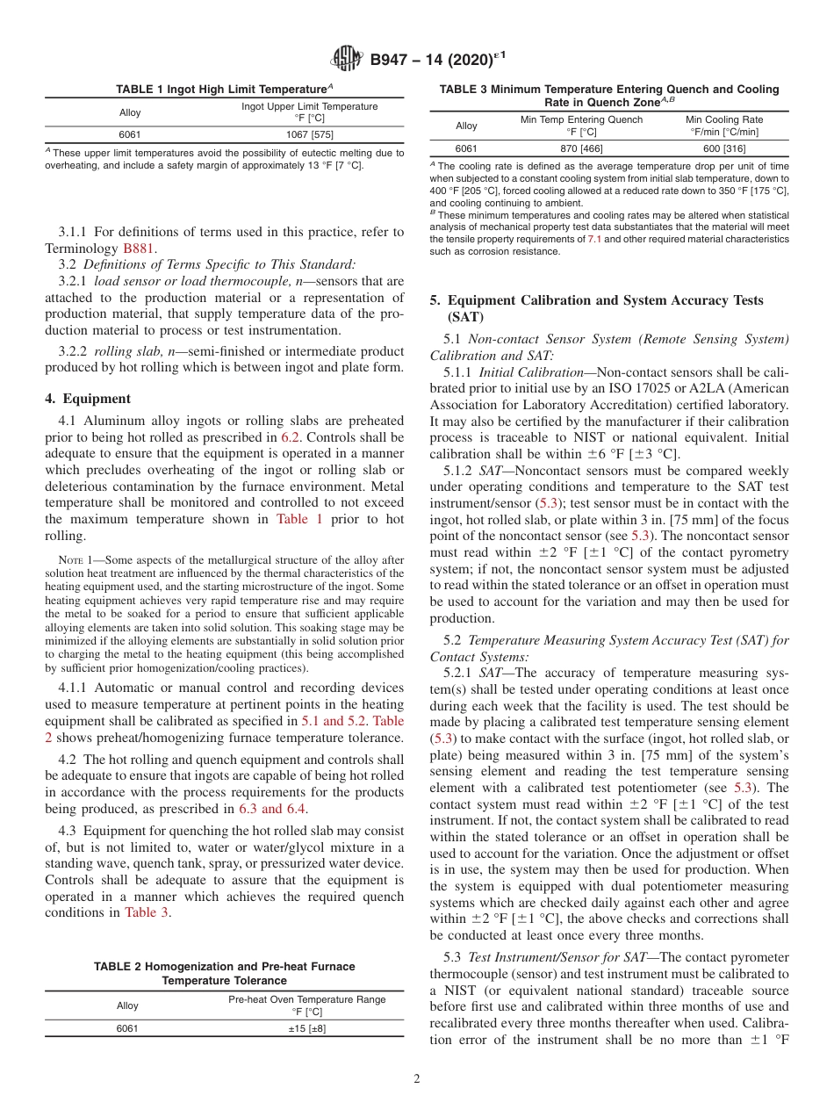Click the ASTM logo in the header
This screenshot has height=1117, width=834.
click(347, 60)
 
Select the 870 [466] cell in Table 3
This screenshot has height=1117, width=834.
click(581, 148)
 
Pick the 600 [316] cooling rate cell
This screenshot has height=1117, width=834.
click(723, 148)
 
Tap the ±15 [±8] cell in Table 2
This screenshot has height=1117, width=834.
click(306, 1028)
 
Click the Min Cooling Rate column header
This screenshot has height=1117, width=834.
click(723, 126)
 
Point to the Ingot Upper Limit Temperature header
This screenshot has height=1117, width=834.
click(309, 112)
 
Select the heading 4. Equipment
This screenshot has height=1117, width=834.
click(88, 398)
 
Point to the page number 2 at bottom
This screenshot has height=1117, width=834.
click(416, 1079)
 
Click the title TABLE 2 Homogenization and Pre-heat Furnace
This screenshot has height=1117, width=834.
click(224, 966)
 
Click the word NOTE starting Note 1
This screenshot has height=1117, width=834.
click(70, 560)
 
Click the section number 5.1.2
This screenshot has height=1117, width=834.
click(461, 471)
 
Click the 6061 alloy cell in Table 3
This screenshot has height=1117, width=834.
click(467, 148)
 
